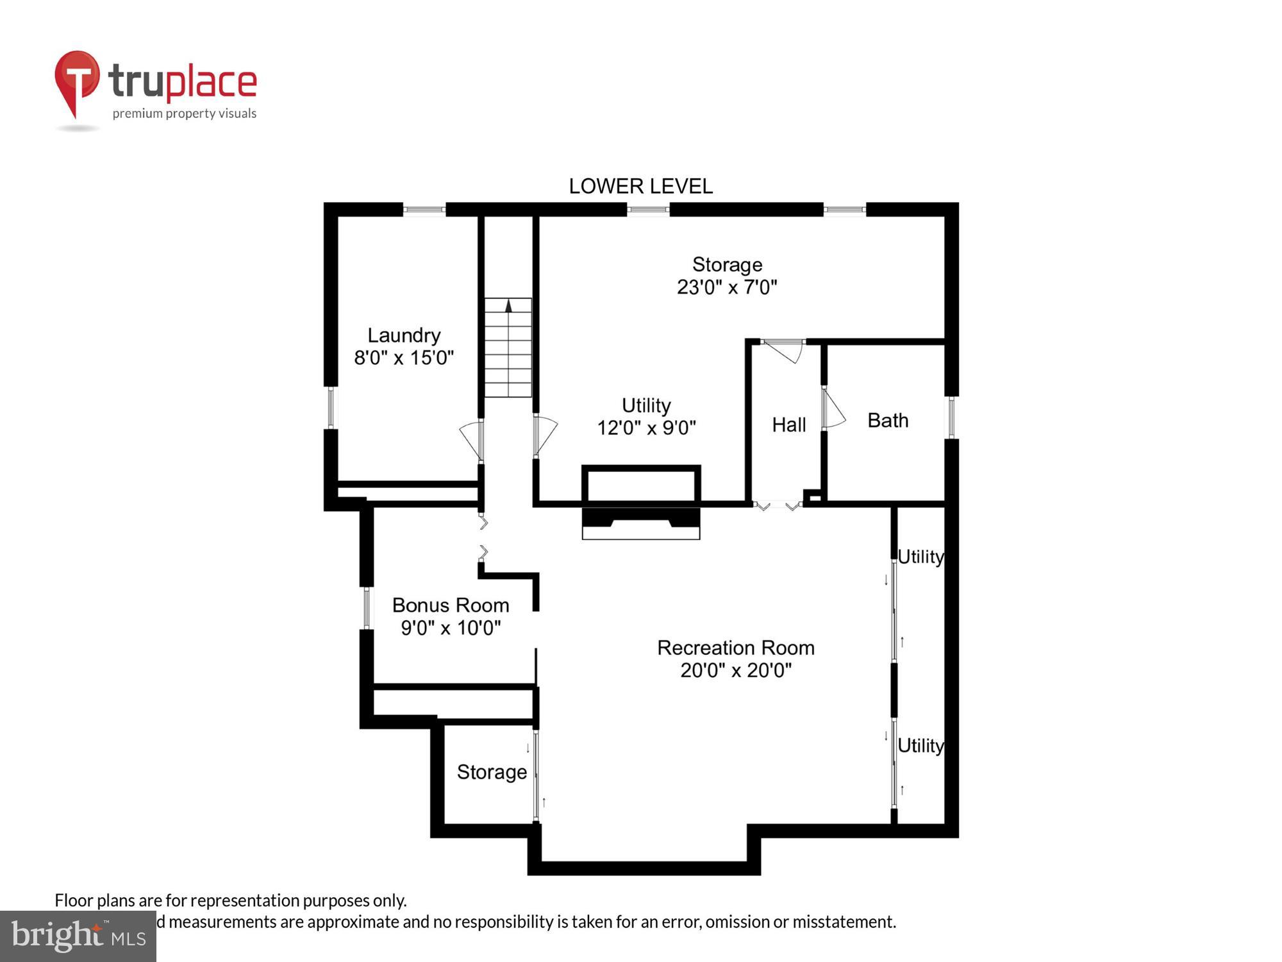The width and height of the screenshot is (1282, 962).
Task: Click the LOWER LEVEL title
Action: (640, 186)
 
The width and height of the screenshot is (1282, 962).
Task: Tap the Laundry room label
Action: (404, 335)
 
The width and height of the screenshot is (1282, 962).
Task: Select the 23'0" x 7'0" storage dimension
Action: (727, 287)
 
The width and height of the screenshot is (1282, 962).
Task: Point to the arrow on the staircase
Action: (508, 306)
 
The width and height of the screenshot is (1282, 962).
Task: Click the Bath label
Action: (888, 420)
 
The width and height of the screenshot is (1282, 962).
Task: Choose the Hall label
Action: (788, 425)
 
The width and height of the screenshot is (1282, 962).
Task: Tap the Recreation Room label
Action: (736, 648)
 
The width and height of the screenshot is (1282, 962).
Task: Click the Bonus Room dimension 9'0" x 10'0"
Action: (451, 627)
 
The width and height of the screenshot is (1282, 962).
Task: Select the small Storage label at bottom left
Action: (492, 772)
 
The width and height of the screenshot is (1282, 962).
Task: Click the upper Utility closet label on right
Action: (920, 557)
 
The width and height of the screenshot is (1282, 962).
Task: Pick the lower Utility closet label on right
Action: (920, 745)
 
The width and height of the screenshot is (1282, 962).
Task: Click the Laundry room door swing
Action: (472, 439)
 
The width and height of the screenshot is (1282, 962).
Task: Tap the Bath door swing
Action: (833, 410)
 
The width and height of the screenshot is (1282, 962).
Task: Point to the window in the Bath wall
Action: (952, 417)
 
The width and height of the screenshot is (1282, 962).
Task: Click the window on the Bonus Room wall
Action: (367, 607)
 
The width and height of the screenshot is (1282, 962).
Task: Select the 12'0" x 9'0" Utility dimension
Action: (646, 427)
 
